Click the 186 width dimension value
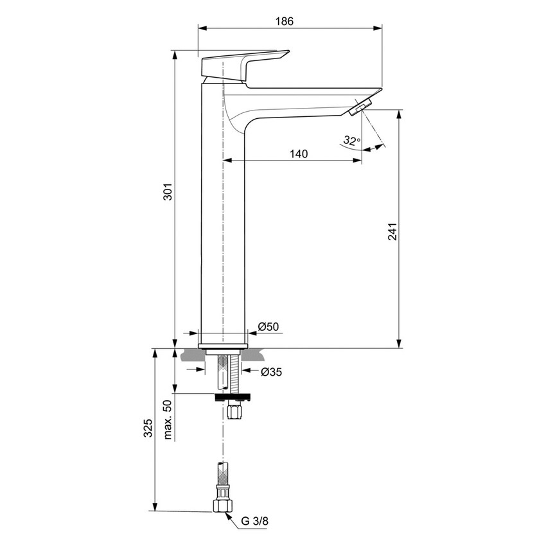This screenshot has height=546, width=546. (284, 21)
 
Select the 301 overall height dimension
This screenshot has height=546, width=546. (166, 193)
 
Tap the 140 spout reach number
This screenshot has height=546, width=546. (299, 154)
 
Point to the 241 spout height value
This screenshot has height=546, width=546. (392, 232)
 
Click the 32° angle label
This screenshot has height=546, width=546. (351, 140)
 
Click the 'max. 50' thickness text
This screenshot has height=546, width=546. (168, 420)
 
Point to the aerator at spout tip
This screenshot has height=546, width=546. (360, 107)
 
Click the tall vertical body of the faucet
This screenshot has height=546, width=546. (224, 225)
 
